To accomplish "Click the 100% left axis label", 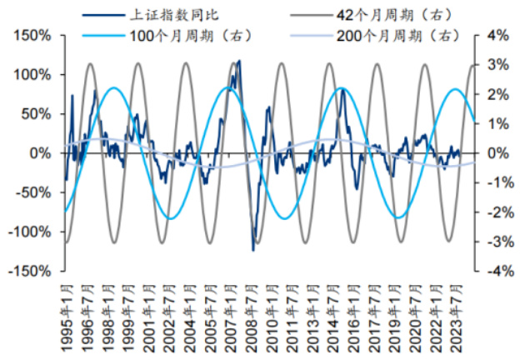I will pos(31,75).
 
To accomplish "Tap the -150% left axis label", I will pos(28,271).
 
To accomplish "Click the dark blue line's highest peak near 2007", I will pos(240,61).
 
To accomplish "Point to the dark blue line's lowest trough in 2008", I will pos(253,249).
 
